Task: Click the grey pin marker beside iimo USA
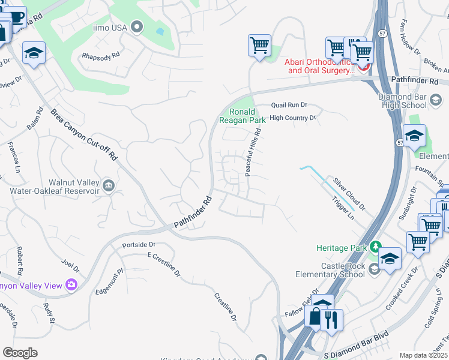137,26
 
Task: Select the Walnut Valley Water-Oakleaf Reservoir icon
108,184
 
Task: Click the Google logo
20,353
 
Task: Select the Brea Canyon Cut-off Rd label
83,134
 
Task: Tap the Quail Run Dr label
289,104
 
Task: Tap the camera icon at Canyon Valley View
71,285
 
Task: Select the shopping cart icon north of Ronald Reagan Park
259,45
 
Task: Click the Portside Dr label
139,245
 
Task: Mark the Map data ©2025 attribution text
423,355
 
